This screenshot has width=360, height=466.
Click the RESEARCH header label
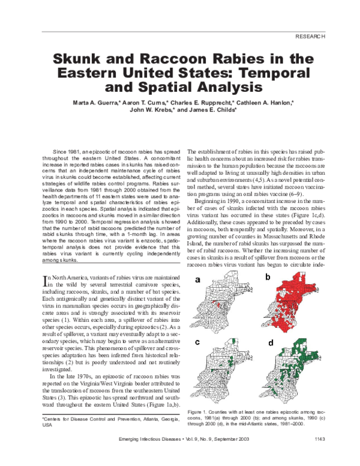point(310,37)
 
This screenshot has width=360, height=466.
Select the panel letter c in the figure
point(196,342)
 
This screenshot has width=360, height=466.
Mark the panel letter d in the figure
point(271,343)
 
